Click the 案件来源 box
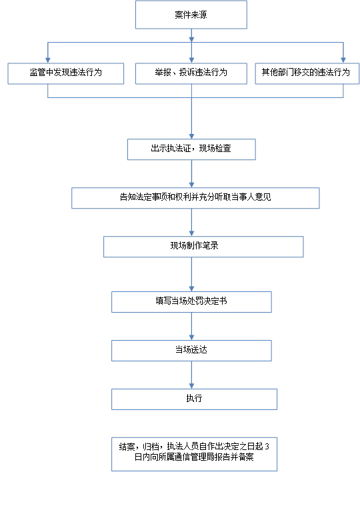point(191,15)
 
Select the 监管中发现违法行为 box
point(65,73)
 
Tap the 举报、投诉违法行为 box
point(191,73)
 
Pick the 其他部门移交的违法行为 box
point(307,73)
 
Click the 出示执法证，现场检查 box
point(191,149)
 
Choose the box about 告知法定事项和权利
point(195,198)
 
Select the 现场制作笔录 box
point(203,247)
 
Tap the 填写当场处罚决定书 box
point(191,302)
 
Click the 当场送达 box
point(191,351)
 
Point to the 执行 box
point(194,399)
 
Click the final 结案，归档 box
point(194,454)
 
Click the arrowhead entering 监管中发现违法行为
point(48,60)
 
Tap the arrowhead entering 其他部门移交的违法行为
point(343,60)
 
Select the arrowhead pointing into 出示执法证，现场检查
point(191,137)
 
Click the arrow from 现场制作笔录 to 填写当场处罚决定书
point(191,275)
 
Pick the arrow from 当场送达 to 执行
point(191,375)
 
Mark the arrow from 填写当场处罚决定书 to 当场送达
point(191,326)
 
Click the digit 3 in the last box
point(267,447)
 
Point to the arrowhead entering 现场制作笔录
point(191,233)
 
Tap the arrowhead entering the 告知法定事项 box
point(191,185)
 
